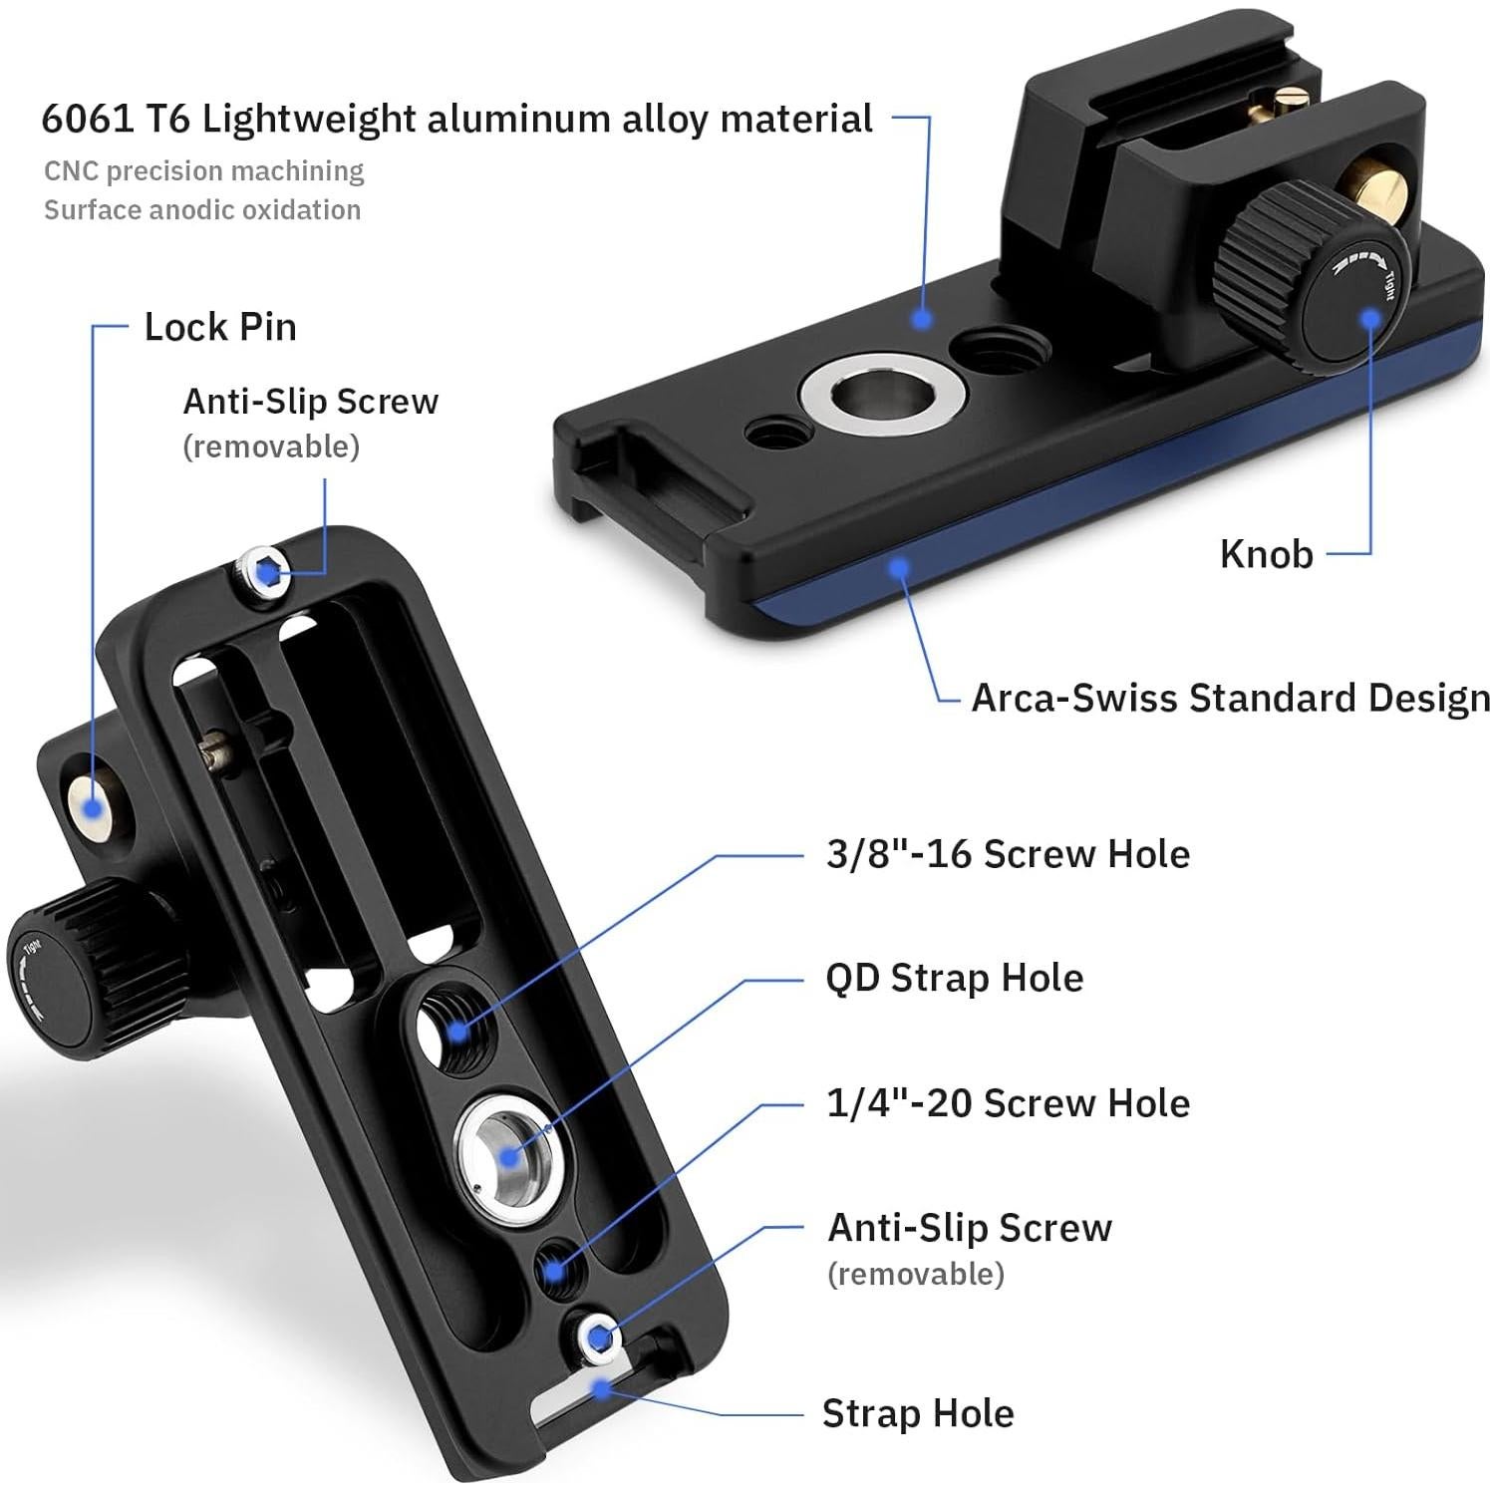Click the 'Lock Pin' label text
click(x=220, y=327)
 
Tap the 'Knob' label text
click(x=1266, y=554)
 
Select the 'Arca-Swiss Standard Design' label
click(x=1230, y=699)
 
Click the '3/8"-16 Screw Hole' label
click(x=1008, y=854)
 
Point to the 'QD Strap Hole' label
click(x=954, y=978)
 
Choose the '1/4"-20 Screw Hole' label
click(x=1008, y=1103)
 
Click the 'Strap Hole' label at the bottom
click(x=918, y=1413)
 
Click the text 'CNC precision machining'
click(x=203, y=171)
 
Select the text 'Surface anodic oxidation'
click(x=202, y=209)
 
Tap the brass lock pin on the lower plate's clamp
click(x=92, y=807)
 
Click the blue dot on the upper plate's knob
click(x=1371, y=316)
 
